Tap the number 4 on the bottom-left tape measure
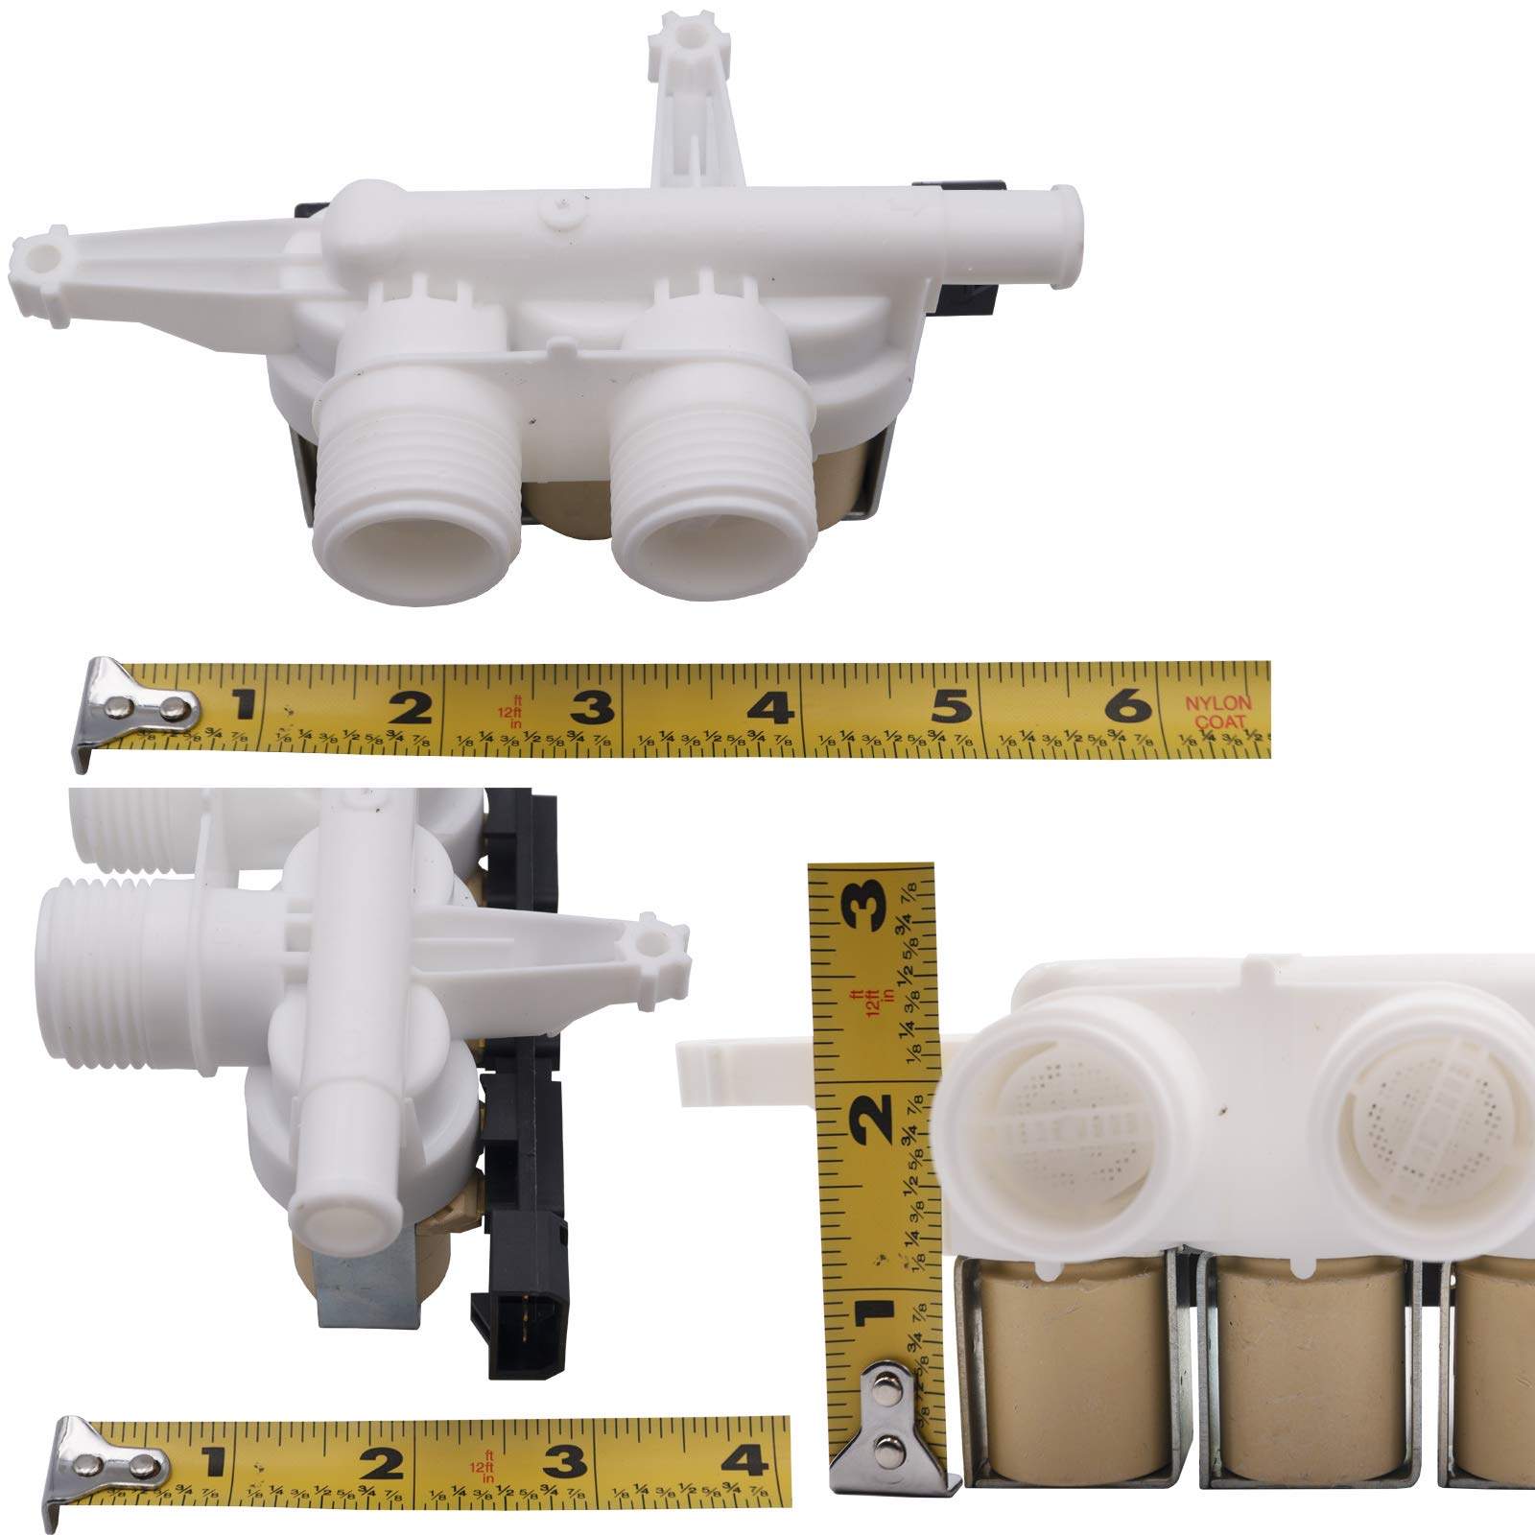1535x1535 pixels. pos(744,1460)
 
